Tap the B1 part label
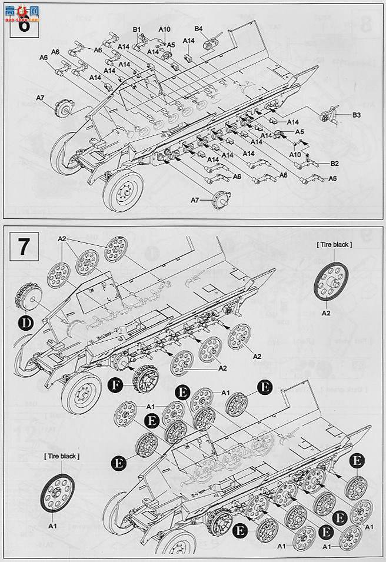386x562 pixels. pyautogui.click(x=137, y=29)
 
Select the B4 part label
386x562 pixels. pyautogui.click(x=198, y=29)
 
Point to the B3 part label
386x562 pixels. pyautogui.click(x=356, y=114)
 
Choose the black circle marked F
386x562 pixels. pyautogui.click(x=117, y=386)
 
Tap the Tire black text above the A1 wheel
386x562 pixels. pyautogui.click(x=61, y=455)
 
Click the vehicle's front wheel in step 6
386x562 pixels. pyautogui.click(x=125, y=189)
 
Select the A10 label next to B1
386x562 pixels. pyautogui.click(x=164, y=29)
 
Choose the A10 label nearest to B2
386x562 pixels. pyautogui.click(x=296, y=154)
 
